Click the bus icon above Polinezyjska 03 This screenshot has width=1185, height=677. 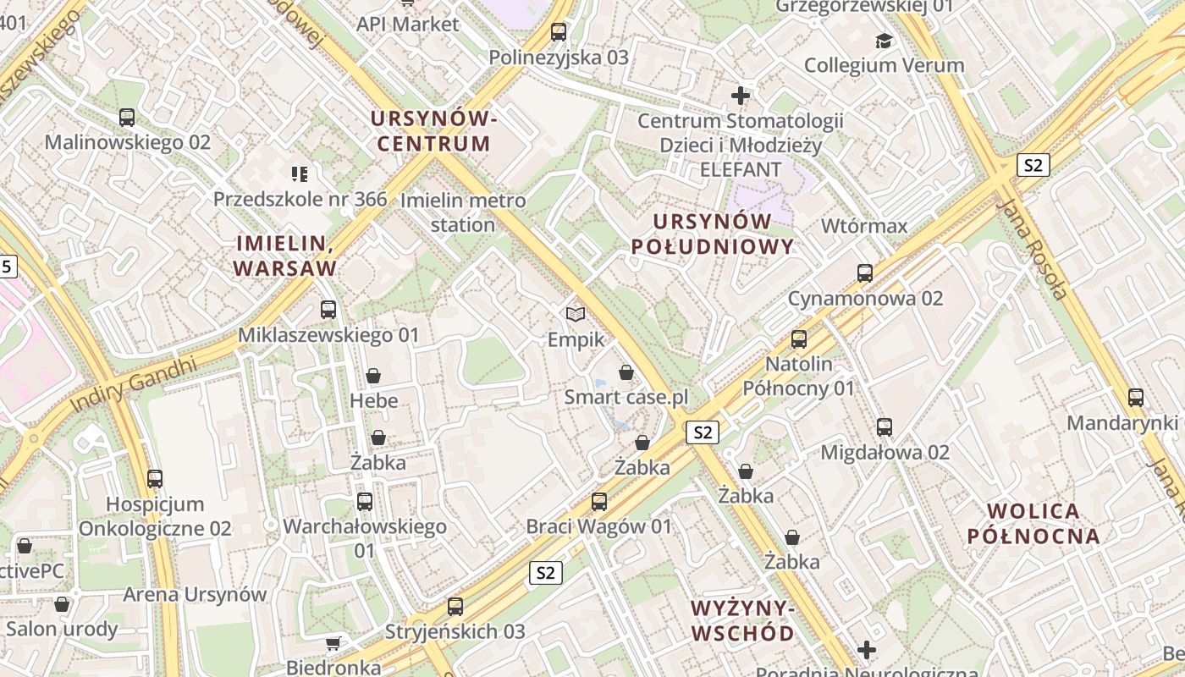pyautogui.click(x=559, y=32)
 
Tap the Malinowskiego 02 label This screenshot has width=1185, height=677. pyautogui.click(x=127, y=142)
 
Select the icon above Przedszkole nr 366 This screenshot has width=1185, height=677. pyautogui.click(x=300, y=174)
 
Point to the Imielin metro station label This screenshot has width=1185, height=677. pyautogui.click(x=462, y=212)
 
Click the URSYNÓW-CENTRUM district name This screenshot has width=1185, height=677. pyautogui.click(x=433, y=131)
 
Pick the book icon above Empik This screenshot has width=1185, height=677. pyautogui.click(x=576, y=315)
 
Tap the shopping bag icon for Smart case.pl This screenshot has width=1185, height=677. pyautogui.click(x=626, y=372)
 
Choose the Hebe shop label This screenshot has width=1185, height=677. pyautogui.click(x=373, y=400)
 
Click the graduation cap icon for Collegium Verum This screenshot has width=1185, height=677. pyautogui.click(x=884, y=41)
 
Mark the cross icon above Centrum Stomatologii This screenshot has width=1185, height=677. pyautogui.click(x=741, y=96)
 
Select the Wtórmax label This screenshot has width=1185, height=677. pyautogui.click(x=864, y=226)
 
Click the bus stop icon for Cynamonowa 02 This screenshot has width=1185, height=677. pyautogui.click(x=864, y=273)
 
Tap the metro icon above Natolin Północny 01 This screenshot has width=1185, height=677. pyautogui.click(x=799, y=339)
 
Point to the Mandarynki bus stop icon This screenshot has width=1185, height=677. pyautogui.click(x=1136, y=398)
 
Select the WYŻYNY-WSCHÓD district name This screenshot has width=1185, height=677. pyautogui.click(x=742, y=620)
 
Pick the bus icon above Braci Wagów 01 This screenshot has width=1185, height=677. pyautogui.click(x=599, y=501)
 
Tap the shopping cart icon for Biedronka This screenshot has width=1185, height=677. pyautogui.click(x=333, y=643)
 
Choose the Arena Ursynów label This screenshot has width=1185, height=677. pyautogui.click(x=195, y=594)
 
